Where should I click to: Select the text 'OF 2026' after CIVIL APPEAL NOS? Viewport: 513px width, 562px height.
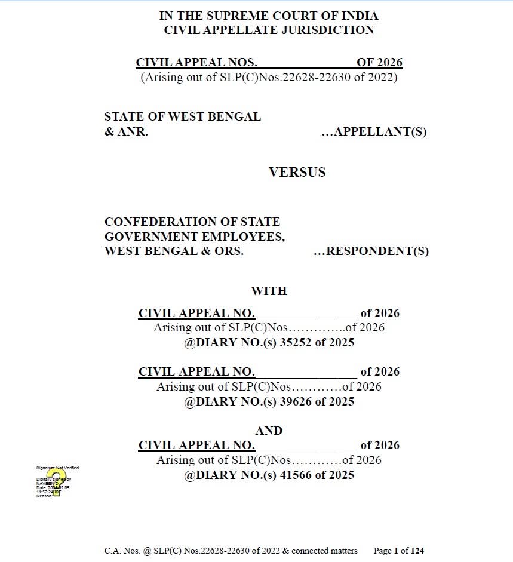[x=379, y=63]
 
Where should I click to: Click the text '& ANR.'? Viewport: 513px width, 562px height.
[x=126, y=132]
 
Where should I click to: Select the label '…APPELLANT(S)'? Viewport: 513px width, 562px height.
[x=374, y=132]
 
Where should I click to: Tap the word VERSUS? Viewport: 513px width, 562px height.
[x=297, y=173]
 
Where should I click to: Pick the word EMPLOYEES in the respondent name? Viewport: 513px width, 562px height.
[x=244, y=237]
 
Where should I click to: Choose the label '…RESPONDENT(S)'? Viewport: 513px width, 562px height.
[x=371, y=251]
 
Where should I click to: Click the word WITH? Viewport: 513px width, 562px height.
[x=269, y=291]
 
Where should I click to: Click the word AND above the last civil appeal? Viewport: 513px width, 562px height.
[x=269, y=431]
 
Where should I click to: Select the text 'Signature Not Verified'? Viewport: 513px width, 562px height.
[x=57, y=468]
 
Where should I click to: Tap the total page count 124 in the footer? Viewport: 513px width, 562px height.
[x=416, y=551]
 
